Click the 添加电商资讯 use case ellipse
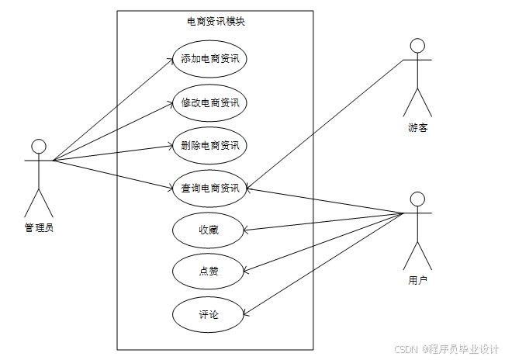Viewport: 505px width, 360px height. tap(209, 59)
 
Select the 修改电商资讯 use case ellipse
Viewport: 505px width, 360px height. tap(209, 102)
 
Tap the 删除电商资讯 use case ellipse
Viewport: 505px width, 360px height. tap(209, 145)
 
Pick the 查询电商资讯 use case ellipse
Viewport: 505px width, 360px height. tap(209, 188)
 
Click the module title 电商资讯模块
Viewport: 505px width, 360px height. tap(216, 22)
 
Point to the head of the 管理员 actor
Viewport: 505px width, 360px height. tap(39, 147)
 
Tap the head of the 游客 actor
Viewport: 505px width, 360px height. tap(418, 45)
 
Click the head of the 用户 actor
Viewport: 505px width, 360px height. tap(418, 197)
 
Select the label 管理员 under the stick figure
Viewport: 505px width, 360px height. tap(39, 227)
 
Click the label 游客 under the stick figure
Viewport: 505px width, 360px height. tap(418, 127)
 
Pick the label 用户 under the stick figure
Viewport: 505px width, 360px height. tap(418, 279)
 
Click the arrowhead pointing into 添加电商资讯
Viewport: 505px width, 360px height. tap(174, 61)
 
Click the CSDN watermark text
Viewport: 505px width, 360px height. tap(446, 349)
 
